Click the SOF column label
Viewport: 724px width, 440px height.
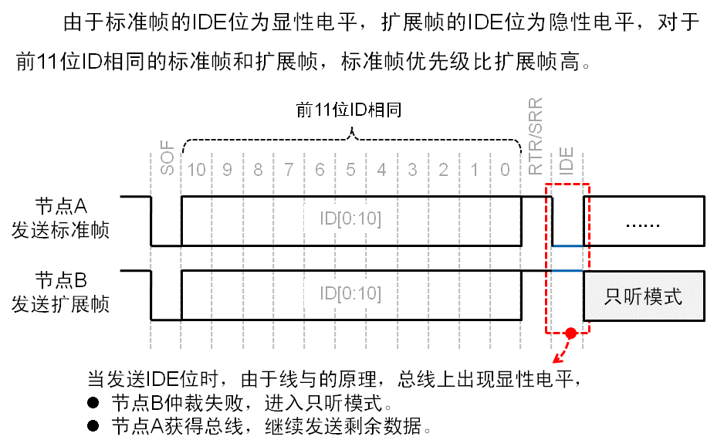pyautogui.click(x=166, y=159)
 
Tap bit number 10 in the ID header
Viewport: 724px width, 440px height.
pyautogui.click(x=197, y=169)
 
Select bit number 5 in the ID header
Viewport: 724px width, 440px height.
pyautogui.click(x=351, y=169)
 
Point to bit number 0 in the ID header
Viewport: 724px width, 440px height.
pyautogui.click(x=505, y=169)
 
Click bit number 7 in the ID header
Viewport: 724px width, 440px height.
pyautogui.click(x=289, y=169)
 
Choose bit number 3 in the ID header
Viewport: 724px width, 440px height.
pyautogui.click(x=413, y=169)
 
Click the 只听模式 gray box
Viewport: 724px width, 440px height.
pyautogui.click(x=643, y=296)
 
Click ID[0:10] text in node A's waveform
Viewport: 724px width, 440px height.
pyautogui.click(x=350, y=219)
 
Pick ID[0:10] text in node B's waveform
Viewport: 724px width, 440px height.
pyautogui.click(x=350, y=293)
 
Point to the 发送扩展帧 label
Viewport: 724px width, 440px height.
pyautogui.click(x=61, y=304)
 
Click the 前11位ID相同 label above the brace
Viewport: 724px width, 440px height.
pyautogui.click(x=350, y=110)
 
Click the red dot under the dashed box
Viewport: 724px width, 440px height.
pyautogui.click(x=570, y=333)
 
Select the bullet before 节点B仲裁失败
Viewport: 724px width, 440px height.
pyautogui.click(x=93, y=404)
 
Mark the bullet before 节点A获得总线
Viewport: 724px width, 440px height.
pyautogui.click(x=93, y=425)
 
